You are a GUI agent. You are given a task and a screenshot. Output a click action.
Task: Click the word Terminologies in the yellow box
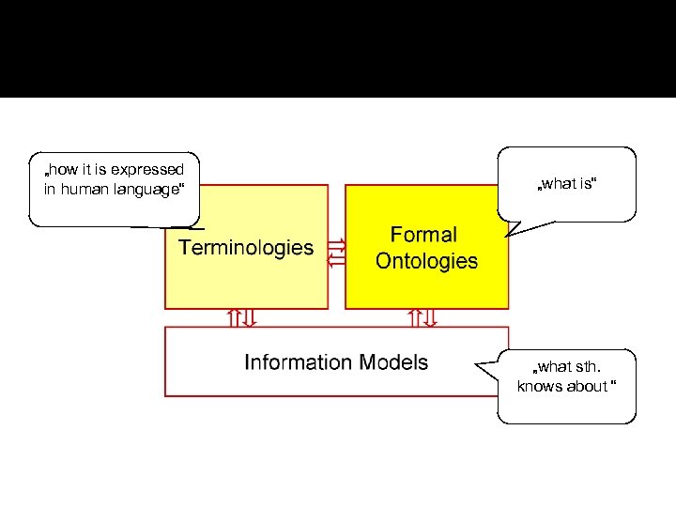pos(246,248)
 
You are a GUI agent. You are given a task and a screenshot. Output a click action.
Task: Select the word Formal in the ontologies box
pos(423,235)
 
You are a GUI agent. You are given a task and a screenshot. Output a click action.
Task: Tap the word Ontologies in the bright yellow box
pos(426,261)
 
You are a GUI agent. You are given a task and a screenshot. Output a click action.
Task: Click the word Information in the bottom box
pos(297,362)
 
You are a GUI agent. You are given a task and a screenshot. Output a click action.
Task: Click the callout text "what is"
pos(566,184)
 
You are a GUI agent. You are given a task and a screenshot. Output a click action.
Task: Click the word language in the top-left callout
pos(148,190)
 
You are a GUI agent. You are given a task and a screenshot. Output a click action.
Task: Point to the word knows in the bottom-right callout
pos(539,387)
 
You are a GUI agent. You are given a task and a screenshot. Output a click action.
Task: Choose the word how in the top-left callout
pos(64,170)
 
